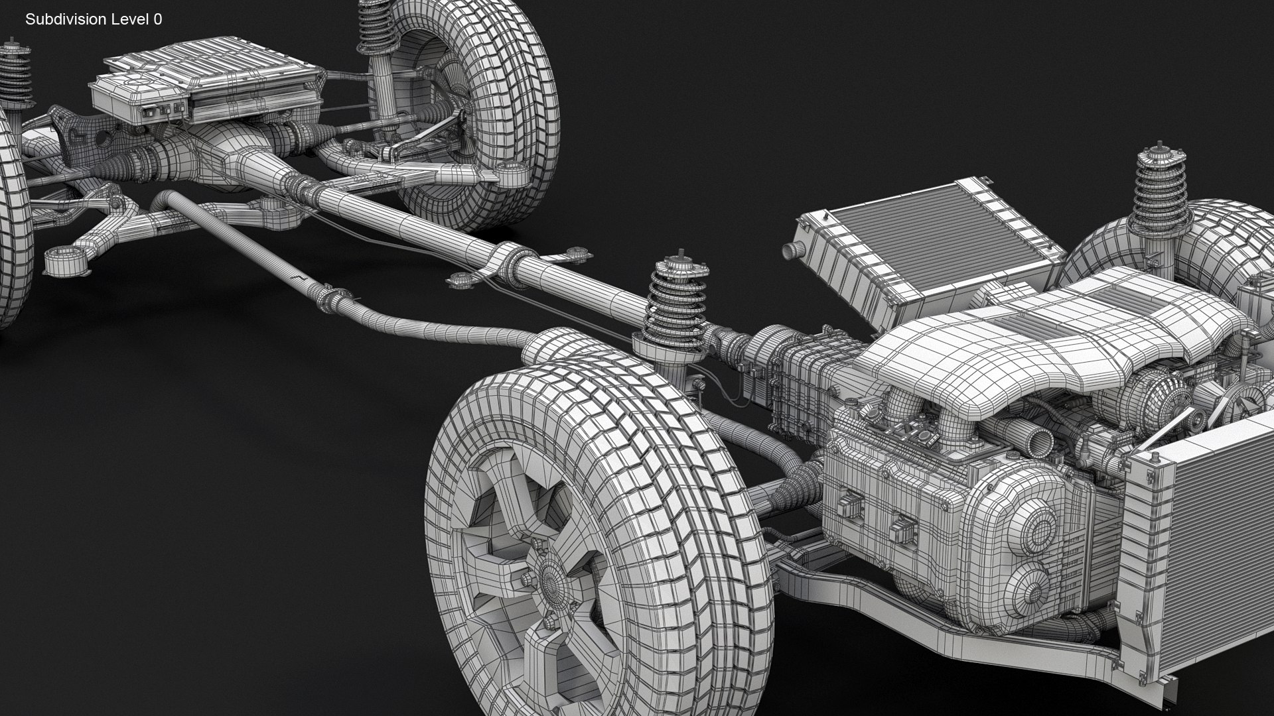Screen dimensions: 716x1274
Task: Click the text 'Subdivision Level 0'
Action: [x=94, y=20]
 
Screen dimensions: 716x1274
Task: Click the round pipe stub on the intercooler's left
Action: [x=792, y=251]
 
